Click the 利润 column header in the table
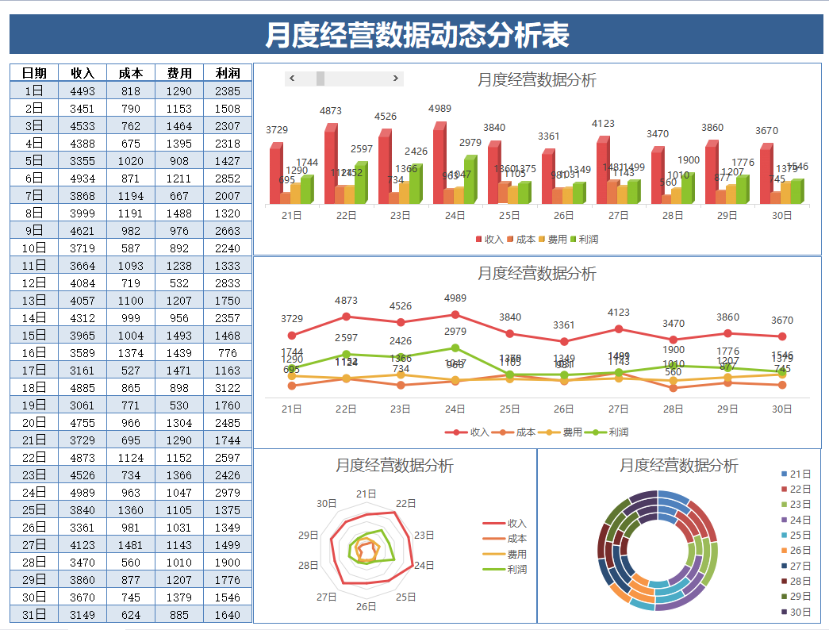click(x=228, y=73)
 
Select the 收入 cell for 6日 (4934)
click(x=83, y=179)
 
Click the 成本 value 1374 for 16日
click(x=131, y=353)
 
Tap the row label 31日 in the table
click(x=34, y=615)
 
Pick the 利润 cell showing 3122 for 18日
click(x=228, y=388)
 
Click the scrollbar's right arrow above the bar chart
click(x=396, y=78)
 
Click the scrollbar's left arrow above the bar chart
click(x=292, y=78)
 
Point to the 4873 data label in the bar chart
click(x=331, y=111)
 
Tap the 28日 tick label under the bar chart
click(x=673, y=215)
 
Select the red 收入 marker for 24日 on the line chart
click(x=455, y=315)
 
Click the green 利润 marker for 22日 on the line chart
click(x=346, y=355)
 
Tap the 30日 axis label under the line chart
click(x=782, y=409)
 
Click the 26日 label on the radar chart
click(x=366, y=606)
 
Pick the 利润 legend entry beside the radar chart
click(x=516, y=570)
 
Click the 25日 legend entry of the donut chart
click(x=800, y=535)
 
